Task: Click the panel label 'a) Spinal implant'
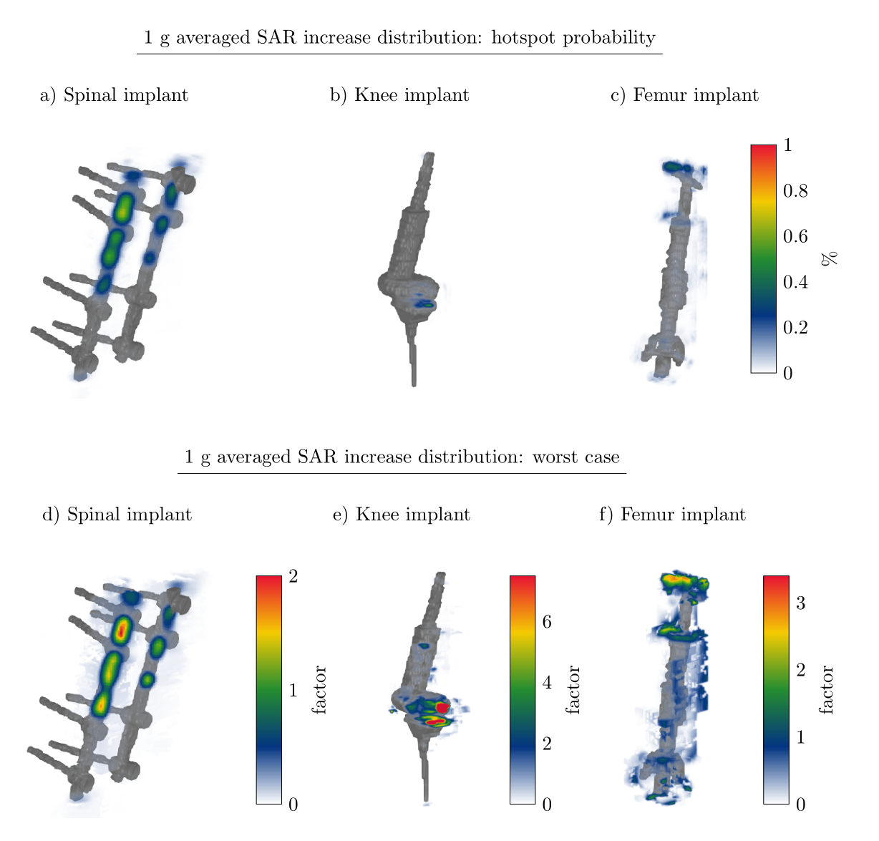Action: click(x=114, y=95)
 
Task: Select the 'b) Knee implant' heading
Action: click(x=399, y=95)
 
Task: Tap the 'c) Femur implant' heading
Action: click(x=684, y=95)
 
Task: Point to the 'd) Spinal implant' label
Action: click(x=117, y=515)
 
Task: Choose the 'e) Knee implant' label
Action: click(x=402, y=515)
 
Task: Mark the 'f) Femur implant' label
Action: click(x=673, y=515)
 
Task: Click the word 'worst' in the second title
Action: click(x=554, y=457)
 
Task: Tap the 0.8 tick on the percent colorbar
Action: click(x=795, y=191)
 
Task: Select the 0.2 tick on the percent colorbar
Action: click(x=795, y=328)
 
